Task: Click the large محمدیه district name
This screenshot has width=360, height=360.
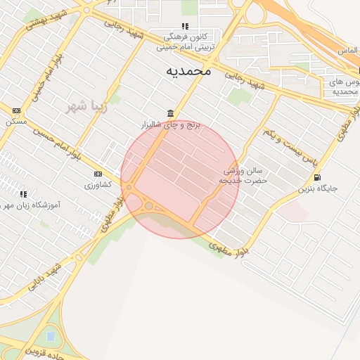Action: coord(189,71)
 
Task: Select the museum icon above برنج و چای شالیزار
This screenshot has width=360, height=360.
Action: coord(171,114)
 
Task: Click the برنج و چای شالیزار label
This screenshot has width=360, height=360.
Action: coord(171,124)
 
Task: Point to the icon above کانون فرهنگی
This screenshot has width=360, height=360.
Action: coord(186,26)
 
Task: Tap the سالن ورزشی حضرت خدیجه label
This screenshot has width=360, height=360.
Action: coord(243,176)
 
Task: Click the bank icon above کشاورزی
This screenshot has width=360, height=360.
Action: coord(98,174)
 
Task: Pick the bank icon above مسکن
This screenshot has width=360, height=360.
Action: coord(16,110)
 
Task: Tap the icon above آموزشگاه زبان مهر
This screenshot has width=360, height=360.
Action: coord(23,193)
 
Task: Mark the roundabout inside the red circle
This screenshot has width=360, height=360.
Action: coord(149,205)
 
